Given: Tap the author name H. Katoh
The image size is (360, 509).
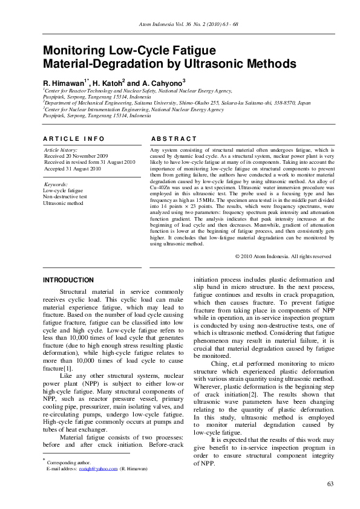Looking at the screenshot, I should (107, 82).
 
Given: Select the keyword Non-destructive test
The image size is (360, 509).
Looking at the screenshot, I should (65, 196).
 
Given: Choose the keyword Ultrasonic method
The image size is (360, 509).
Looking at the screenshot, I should (63, 203).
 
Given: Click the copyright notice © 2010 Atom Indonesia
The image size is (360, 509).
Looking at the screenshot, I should (283, 256).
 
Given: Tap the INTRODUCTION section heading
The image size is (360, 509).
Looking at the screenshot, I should (68, 280).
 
